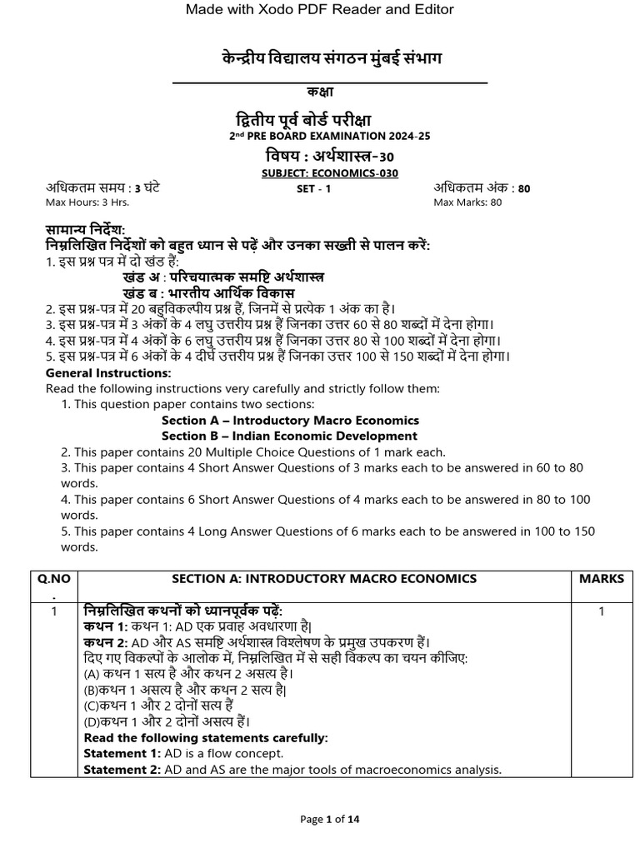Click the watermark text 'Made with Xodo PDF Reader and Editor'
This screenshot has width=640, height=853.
click(319, 9)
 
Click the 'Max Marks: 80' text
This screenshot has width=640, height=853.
click(467, 202)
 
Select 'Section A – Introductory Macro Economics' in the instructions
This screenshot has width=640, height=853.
click(290, 421)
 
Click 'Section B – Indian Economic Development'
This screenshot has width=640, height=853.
click(289, 436)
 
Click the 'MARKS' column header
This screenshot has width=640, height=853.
click(601, 579)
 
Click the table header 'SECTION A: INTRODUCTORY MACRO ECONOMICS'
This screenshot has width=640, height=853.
click(324, 579)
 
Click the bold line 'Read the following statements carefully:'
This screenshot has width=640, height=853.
click(206, 738)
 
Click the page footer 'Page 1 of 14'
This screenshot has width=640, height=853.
click(330, 820)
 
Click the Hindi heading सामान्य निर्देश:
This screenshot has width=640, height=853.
click(84, 230)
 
